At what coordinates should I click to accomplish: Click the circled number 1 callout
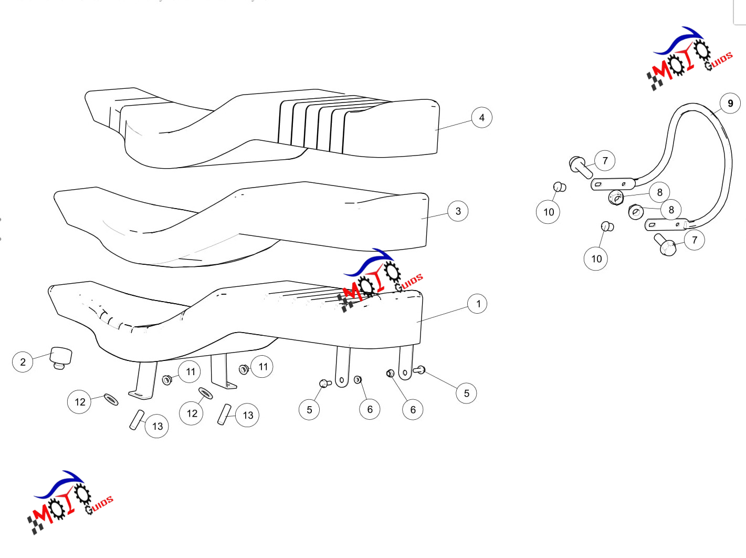pos(477,304)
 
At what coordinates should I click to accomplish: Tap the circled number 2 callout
pos(23,362)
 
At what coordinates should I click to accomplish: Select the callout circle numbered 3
pos(458,211)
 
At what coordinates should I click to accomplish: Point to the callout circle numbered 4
pos(481,118)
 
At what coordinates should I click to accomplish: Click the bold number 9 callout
pos(730,104)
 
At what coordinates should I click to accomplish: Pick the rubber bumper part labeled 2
pos(61,358)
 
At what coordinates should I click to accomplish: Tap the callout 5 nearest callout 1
pos(466,394)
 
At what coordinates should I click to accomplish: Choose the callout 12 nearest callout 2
pos(79,402)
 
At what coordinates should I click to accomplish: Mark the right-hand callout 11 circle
pos(261,367)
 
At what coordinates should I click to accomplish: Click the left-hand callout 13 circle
pos(156,426)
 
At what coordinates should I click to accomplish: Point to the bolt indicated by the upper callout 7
pos(581,167)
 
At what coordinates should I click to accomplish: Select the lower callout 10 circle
pos(596,259)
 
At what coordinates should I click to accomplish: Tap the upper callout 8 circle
pos(660,192)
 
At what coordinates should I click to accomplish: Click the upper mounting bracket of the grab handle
pos(613,184)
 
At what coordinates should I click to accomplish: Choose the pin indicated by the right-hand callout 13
pos(224,414)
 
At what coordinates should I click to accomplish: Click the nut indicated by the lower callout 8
pos(636,212)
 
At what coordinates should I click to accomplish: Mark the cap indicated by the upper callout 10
pos(560,187)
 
